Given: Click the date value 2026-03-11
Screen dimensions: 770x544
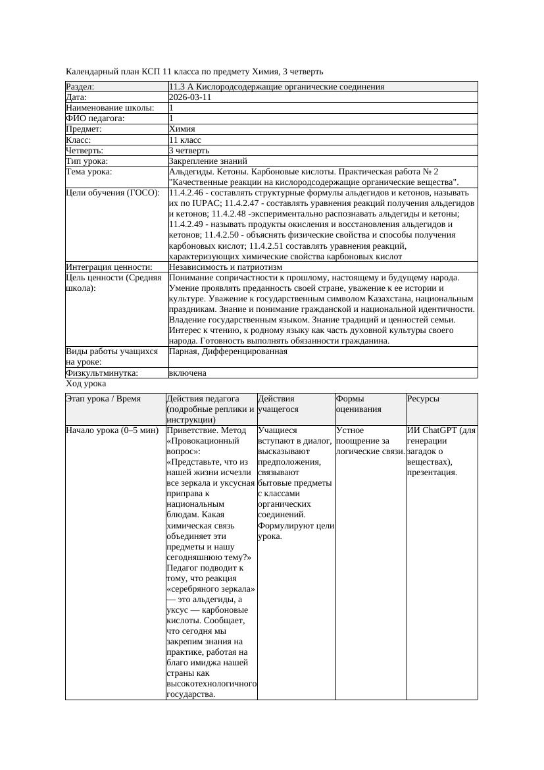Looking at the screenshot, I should (x=190, y=97).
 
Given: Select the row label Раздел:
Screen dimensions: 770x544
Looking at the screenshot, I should (x=80, y=87).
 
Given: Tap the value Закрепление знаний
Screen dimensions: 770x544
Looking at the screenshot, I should (x=208, y=161).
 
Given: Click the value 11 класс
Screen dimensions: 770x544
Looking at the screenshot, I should (x=185, y=140).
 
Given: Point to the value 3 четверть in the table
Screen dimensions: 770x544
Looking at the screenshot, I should (x=189, y=151).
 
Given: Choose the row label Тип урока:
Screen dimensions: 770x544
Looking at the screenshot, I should (x=87, y=161).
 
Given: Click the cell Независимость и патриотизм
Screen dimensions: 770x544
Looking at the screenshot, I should (x=226, y=267).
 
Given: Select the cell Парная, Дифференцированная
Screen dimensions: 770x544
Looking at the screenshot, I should (x=228, y=351).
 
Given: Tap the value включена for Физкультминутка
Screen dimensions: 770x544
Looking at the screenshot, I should (x=187, y=373).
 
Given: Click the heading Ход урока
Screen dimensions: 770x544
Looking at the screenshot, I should (x=86, y=384).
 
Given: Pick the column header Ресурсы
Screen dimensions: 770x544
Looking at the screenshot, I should (x=424, y=399).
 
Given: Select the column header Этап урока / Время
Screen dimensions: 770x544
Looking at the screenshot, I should (x=103, y=399).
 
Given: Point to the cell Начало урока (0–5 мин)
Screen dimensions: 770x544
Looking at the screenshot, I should (x=112, y=430).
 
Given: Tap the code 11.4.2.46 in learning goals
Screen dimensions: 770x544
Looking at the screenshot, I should (x=189, y=193).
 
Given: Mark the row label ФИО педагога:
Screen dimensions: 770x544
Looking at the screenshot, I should (x=95, y=118).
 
